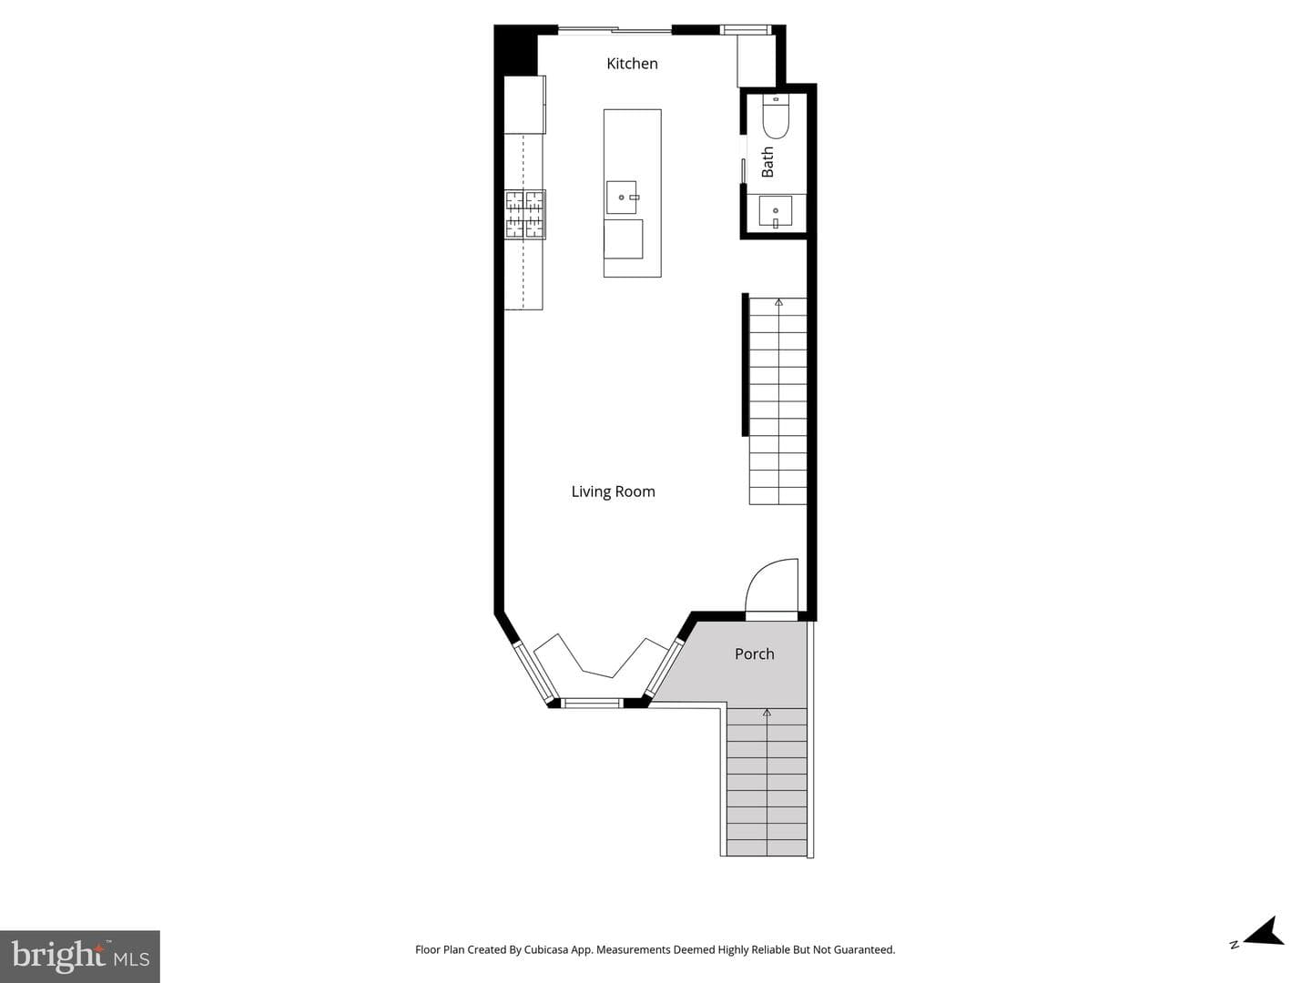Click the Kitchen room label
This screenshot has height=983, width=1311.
point(632,64)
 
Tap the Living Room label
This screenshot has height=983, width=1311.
point(613,491)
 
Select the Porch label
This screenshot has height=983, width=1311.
point(755,654)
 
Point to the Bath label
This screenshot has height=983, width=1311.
point(767,162)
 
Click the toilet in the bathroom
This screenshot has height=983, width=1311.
point(776,117)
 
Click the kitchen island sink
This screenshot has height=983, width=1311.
point(621,197)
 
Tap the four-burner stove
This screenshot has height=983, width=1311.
point(525,214)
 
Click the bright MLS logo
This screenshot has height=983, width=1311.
point(80,956)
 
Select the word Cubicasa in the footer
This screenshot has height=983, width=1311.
point(545,949)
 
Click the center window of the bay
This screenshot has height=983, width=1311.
point(591,703)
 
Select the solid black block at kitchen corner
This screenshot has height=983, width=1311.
point(516,50)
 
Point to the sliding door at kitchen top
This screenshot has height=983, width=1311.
point(615,29)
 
